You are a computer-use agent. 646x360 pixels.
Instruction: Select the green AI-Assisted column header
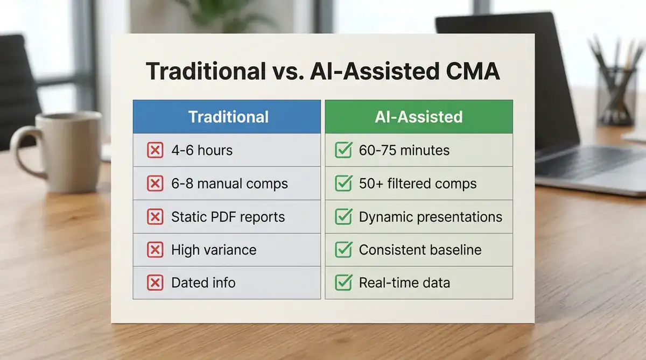tap(418, 117)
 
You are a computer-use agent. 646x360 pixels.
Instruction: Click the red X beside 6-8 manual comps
tap(155, 183)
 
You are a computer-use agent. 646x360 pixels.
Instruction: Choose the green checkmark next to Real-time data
tap(343, 283)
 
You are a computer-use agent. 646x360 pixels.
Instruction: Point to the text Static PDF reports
tap(228, 217)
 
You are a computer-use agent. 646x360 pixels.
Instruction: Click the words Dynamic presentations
tap(430, 217)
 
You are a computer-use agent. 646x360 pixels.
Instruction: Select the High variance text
tap(213, 250)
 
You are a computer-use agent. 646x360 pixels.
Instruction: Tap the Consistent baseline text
tap(420, 250)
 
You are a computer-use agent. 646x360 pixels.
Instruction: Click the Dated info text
tap(203, 283)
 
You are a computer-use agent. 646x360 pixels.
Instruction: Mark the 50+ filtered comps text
tap(417, 183)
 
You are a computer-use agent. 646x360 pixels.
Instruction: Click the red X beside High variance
tap(155, 250)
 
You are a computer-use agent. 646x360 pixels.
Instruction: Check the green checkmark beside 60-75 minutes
tap(343, 150)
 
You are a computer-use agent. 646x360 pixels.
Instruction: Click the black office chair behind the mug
tap(16, 91)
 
